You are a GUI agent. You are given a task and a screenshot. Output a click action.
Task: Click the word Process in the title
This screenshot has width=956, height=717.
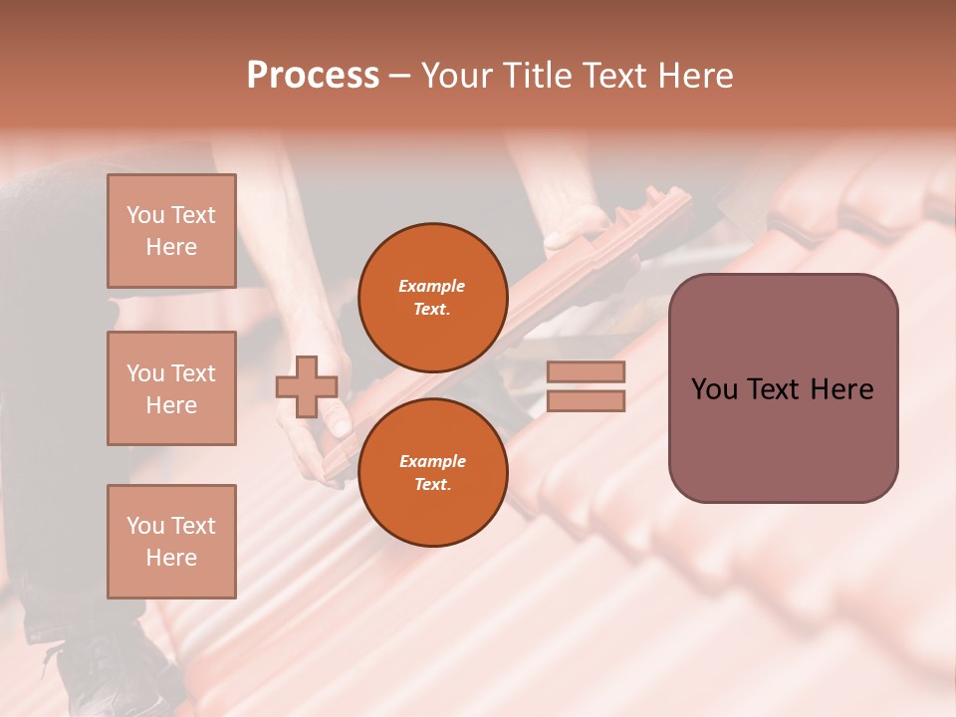pyautogui.click(x=313, y=75)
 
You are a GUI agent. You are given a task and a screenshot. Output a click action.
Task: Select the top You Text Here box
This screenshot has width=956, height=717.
pyautogui.click(x=171, y=231)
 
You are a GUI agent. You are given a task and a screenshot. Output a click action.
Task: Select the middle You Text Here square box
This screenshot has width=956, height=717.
pyautogui.click(x=171, y=388)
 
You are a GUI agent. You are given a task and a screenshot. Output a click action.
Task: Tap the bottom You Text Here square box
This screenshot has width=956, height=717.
pyautogui.click(x=171, y=541)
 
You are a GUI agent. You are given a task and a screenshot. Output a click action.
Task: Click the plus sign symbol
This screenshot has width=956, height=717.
pyautogui.click(x=307, y=386)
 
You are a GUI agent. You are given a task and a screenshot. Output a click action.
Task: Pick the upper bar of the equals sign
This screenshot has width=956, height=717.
pyautogui.click(x=586, y=372)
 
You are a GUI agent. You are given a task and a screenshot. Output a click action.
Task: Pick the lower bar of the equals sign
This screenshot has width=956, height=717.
pyautogui.click(x=586, y=401)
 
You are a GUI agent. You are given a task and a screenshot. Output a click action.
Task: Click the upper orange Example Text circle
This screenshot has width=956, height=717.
pyautogui.click(x=432, y=298)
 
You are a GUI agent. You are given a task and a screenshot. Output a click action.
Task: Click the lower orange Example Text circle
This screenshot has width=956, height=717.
pyautogui.click(x=432, y=472)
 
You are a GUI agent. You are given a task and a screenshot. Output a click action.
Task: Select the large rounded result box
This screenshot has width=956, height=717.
pyautogui.click(x=783, y=388)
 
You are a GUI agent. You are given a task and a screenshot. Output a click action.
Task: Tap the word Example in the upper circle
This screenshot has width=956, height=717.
pyautogui.click(x=432, y=287)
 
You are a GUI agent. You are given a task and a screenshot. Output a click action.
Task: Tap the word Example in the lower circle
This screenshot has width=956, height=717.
pyautogui.click(x=432, y=461)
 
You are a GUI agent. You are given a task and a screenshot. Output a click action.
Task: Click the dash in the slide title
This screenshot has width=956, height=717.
pyautogui.click(x=400, y=76)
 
